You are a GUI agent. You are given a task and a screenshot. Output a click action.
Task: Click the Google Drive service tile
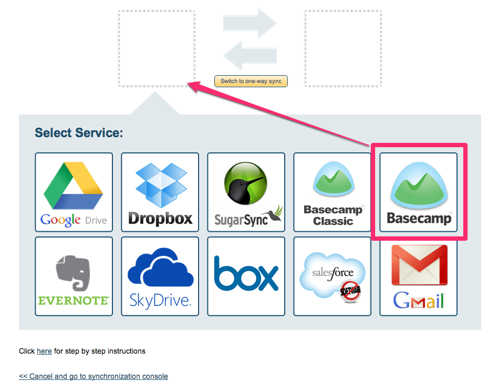click(74, 192)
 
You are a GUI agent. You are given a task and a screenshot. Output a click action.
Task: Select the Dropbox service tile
click(160, 192)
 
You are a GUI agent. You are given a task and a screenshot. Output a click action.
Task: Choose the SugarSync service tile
click(246, 192)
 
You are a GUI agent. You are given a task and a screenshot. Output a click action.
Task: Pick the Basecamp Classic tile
click(333, 192)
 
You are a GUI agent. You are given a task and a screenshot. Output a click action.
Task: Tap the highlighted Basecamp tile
click(419, 192)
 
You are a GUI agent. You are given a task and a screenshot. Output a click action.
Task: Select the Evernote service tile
click(74, 276)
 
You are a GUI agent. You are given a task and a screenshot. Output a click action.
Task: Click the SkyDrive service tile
click(160, 276)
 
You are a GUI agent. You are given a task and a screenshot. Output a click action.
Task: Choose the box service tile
click(246, 276)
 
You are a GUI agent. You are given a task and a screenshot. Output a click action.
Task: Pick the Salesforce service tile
click(333, 276)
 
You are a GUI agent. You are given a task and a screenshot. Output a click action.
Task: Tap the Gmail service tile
click(419, 276)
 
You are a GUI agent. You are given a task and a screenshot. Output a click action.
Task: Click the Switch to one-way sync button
click(251, 81)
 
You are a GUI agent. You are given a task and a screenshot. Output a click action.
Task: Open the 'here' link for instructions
click(44, 351)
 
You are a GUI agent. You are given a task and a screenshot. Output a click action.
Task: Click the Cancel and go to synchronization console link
click(94, 376)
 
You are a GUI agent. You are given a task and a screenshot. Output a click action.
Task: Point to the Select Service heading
click(79, 132)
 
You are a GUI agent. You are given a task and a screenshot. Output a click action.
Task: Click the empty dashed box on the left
click(157, 48)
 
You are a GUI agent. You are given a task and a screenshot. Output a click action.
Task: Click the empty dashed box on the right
click(343, 48)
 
